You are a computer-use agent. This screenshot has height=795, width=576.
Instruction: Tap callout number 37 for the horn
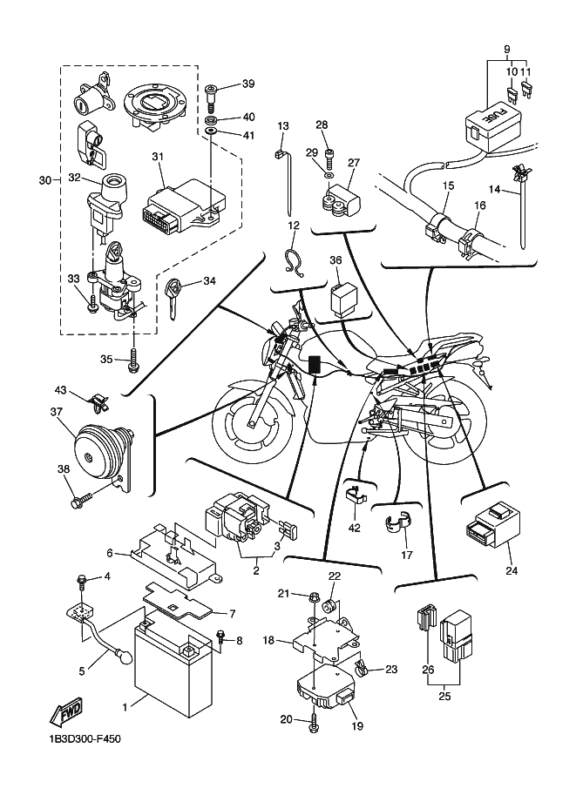57,412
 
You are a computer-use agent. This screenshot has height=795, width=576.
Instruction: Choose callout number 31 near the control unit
157,157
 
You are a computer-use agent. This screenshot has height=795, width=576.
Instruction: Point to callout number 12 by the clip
293,225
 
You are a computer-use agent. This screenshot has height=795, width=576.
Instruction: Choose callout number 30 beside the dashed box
45,180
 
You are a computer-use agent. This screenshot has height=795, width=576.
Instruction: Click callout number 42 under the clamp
354,527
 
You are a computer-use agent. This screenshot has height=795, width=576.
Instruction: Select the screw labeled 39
213,91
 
